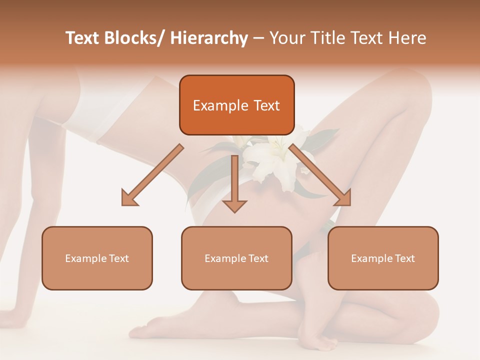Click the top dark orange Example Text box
click(x=236, y=105)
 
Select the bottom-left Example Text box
click(x=97, y=258)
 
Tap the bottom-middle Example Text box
click(x=236, y=258)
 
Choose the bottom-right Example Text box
click(x=383, y=258)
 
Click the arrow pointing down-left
click(x=150, y=176)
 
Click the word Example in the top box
click(x=220, y=105)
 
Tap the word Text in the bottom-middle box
click(x=257, y=258)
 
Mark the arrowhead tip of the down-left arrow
click(x=123, y=204)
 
